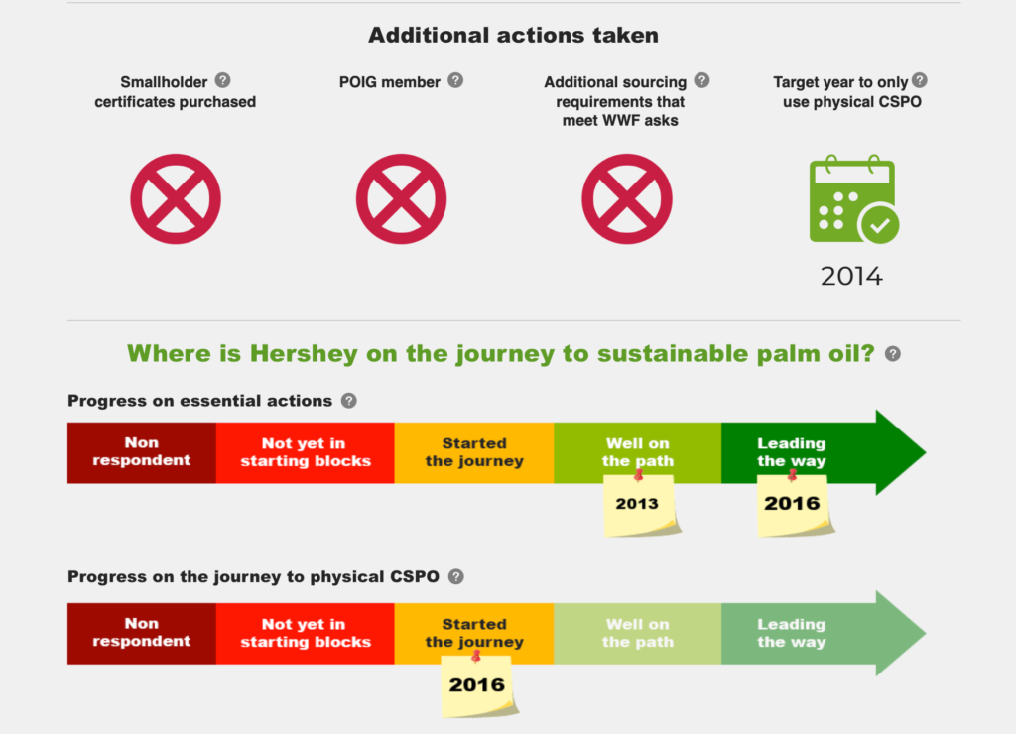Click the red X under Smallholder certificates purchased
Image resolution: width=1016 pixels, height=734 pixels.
(176, 199)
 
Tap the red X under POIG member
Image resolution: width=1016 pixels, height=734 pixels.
(401, 199)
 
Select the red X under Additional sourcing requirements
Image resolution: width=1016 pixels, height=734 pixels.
(627, 199)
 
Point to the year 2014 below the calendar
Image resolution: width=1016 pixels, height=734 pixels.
(851, 276)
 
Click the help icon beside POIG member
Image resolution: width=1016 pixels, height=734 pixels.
(455, 80)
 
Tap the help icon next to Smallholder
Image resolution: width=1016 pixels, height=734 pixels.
(222, 80)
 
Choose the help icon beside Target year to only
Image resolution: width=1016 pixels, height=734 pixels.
(920, 80)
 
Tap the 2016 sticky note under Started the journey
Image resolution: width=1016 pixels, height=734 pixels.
(478, 685)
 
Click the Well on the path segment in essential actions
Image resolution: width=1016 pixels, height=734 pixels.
(638, 453)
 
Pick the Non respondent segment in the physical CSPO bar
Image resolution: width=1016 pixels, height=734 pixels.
(141, 633)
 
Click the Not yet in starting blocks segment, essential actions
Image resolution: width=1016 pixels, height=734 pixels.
(306, 453)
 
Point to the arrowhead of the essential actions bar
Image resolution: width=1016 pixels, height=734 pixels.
(901, 452)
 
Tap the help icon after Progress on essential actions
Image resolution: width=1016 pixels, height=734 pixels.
(348, 401)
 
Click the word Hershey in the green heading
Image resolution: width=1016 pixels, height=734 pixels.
(304, 354)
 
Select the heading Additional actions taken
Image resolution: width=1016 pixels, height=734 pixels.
(513, 35)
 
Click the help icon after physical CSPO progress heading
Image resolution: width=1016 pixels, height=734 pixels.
(456, 576)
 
